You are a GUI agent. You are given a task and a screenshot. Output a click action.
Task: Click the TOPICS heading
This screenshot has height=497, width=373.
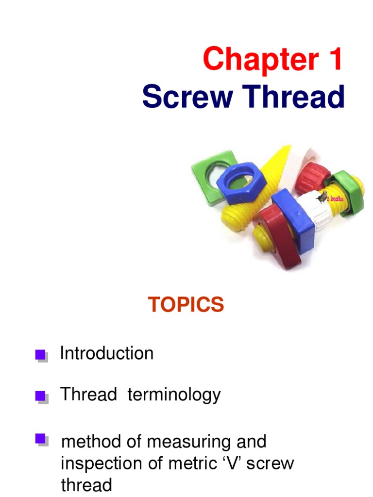(x=186, y=305)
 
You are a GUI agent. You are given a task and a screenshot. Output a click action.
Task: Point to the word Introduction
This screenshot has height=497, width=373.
(x=106, y=353)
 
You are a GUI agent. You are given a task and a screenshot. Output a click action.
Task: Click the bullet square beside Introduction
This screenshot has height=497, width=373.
(x=41, y=355)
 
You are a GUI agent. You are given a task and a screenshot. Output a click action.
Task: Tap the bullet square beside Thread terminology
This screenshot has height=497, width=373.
(x=41, y=397)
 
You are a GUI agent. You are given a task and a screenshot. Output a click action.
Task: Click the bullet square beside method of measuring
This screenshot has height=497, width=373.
(x=41, y=440)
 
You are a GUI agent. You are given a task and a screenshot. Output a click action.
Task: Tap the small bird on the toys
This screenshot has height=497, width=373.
(x=322, y=197)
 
